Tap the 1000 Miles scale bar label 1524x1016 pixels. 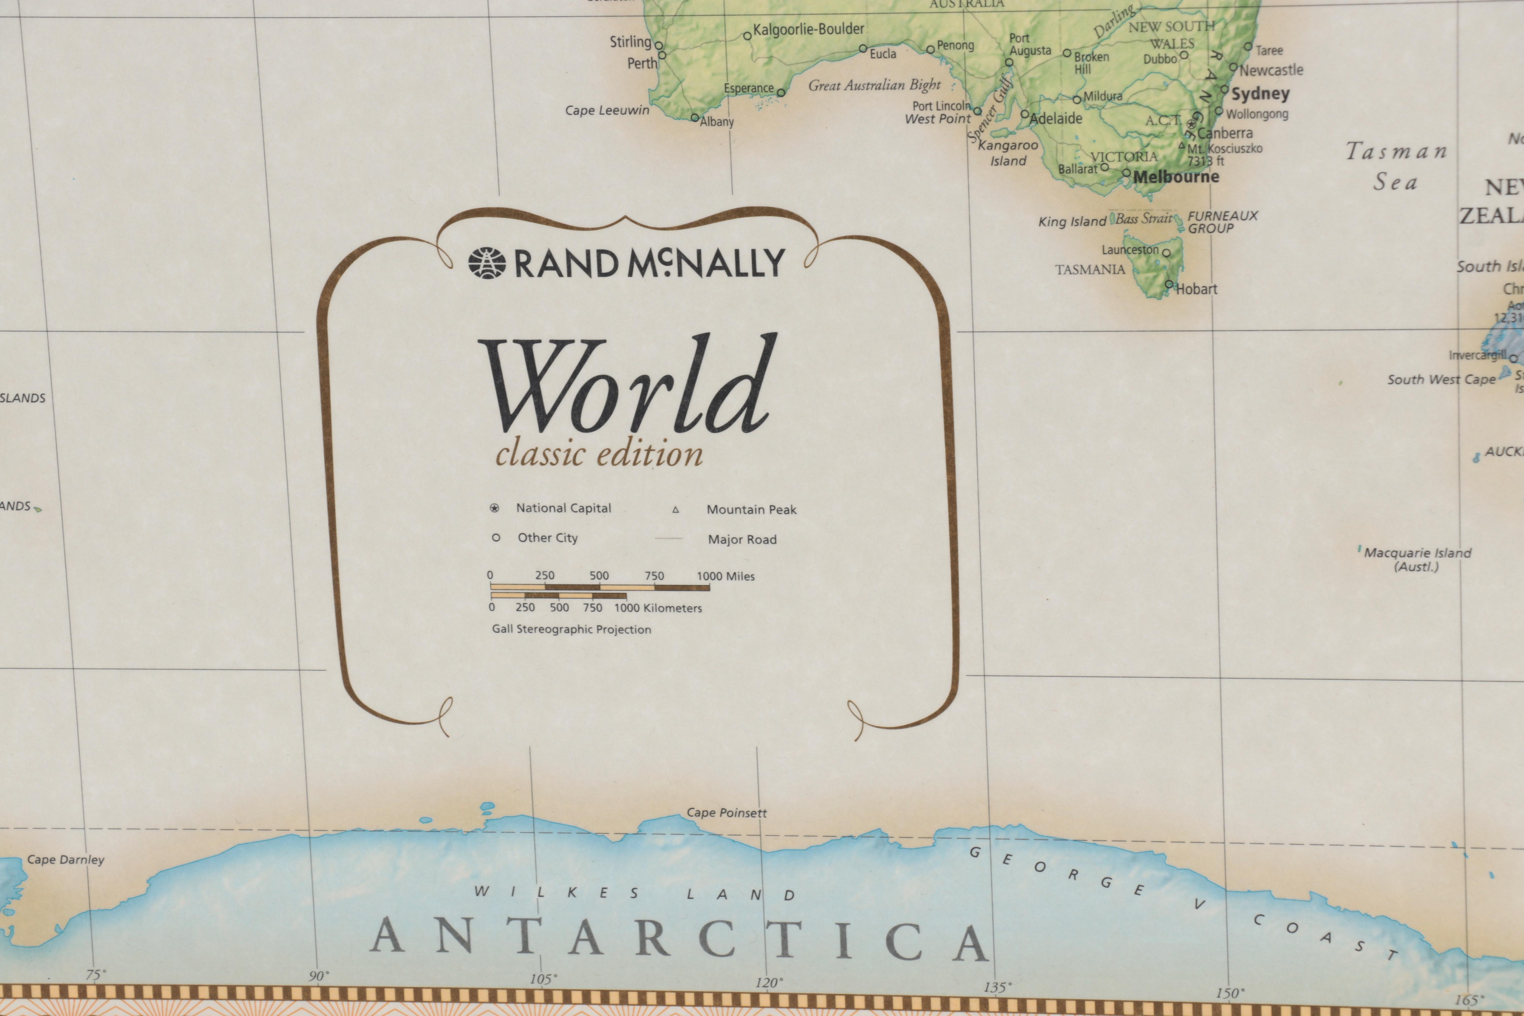[x=726, y=576]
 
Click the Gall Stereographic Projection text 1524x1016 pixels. [x=571, y=629]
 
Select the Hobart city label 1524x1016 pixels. [x=1196, y=289]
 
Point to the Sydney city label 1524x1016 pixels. [x=1260, y=94]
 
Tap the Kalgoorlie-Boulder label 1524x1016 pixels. [x=808, y=29]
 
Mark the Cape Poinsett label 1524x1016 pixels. [x=726, y=813]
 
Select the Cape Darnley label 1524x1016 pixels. [x=66, y=860]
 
